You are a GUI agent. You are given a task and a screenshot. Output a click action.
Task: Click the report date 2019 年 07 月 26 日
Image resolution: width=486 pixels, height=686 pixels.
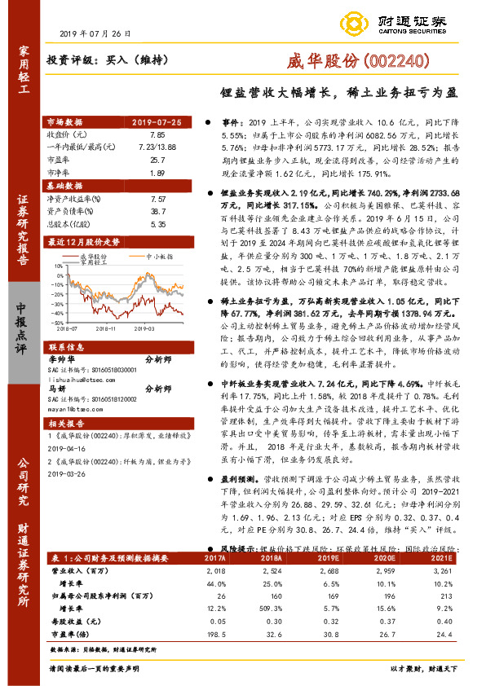pyautogui.click(x=96, y=33)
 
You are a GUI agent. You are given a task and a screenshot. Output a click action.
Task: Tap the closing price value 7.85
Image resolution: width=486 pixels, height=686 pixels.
pyautogui.click(x=157, y=134)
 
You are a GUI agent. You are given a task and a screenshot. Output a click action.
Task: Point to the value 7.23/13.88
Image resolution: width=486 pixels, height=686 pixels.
pyautogui.click(x=157, y=147)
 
